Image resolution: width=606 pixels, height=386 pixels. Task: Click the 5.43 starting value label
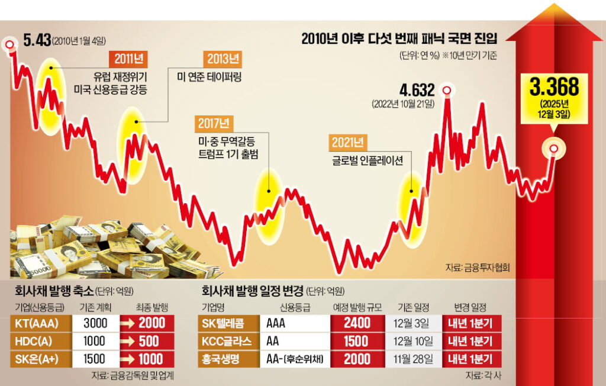pyautogui.click(x=37, y=40)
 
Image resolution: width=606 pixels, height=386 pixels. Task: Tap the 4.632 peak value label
pyautogui.click(x=417, y=90)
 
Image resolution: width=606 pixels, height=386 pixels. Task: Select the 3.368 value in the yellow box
pyautogui.click(x=554, y=88)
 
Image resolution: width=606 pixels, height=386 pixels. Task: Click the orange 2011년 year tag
pyautogui.click(x=128, y=59)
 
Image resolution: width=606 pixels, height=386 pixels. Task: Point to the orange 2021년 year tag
pyautogui.click(x=348, y=142)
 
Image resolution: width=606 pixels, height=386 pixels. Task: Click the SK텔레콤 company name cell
pyautogui.click(x=227, y=323)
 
